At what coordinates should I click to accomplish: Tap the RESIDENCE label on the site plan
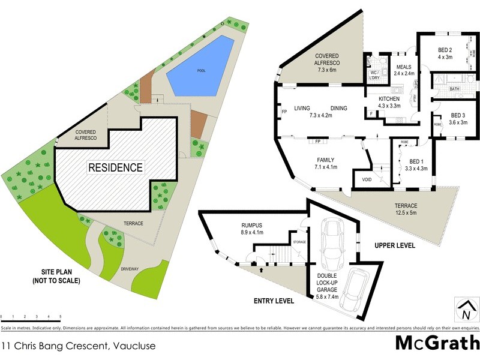116,167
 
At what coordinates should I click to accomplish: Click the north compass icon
464,310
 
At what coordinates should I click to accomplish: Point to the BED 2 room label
444,53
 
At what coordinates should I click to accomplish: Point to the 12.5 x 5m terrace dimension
406,212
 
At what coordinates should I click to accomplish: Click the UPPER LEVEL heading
395,245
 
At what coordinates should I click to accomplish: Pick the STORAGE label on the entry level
299,242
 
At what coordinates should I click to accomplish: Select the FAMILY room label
325,160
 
